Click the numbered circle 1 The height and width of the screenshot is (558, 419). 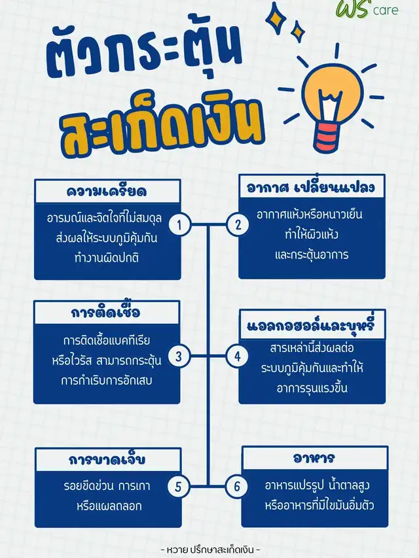[179, 224]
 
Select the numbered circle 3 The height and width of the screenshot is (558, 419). [179, 356]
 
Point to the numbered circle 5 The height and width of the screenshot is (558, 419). [178, 487]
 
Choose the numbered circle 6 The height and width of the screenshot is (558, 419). [237, 486]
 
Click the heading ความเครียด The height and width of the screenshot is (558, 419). [107, 192]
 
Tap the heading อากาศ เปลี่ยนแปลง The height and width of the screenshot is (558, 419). [311, 187]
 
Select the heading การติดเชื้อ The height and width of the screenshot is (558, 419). [105, 311]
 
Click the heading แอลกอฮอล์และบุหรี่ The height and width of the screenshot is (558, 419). [311, 324]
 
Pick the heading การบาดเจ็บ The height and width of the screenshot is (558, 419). [107, 459]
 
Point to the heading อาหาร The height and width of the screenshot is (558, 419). [314, 458]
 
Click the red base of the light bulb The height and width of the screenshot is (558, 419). [328, 138]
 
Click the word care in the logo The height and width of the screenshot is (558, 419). [386, 10]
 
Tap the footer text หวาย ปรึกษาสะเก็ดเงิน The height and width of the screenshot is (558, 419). [210, 549]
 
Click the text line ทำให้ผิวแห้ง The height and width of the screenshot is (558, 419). [312, 234]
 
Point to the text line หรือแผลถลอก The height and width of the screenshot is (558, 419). [109, 506]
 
